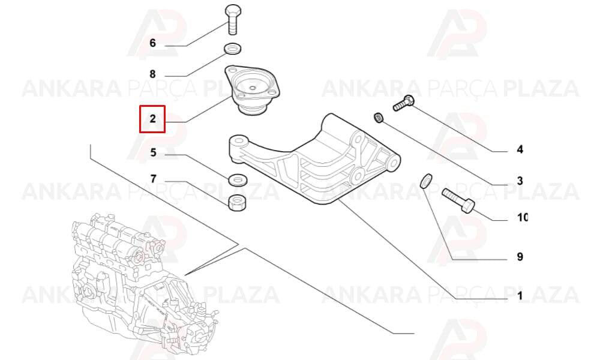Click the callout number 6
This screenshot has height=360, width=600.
click(152, 43)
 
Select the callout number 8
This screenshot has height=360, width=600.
click(152, 74)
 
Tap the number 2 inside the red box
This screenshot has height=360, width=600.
click(152, 119)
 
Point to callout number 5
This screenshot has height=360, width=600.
click(153, 152)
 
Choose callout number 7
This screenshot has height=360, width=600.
click(153, 179)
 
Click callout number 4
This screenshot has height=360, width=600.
click(520, 149)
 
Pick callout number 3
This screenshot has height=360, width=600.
click(520, 181)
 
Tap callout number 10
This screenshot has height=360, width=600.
click(523, 217)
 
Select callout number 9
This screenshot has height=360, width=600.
click(520, 257)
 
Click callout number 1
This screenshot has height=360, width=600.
click(520, 296)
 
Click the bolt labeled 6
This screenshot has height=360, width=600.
click(233, 20)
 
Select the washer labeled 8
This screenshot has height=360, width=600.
click(232, 49)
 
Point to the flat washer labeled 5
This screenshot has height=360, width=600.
click(237, 179)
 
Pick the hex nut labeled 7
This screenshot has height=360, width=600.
click(237, 202)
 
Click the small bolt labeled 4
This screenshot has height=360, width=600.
click(404, 103)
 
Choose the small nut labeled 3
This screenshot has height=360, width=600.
click(379, 118)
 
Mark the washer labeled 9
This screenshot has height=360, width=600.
click(426, 181)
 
